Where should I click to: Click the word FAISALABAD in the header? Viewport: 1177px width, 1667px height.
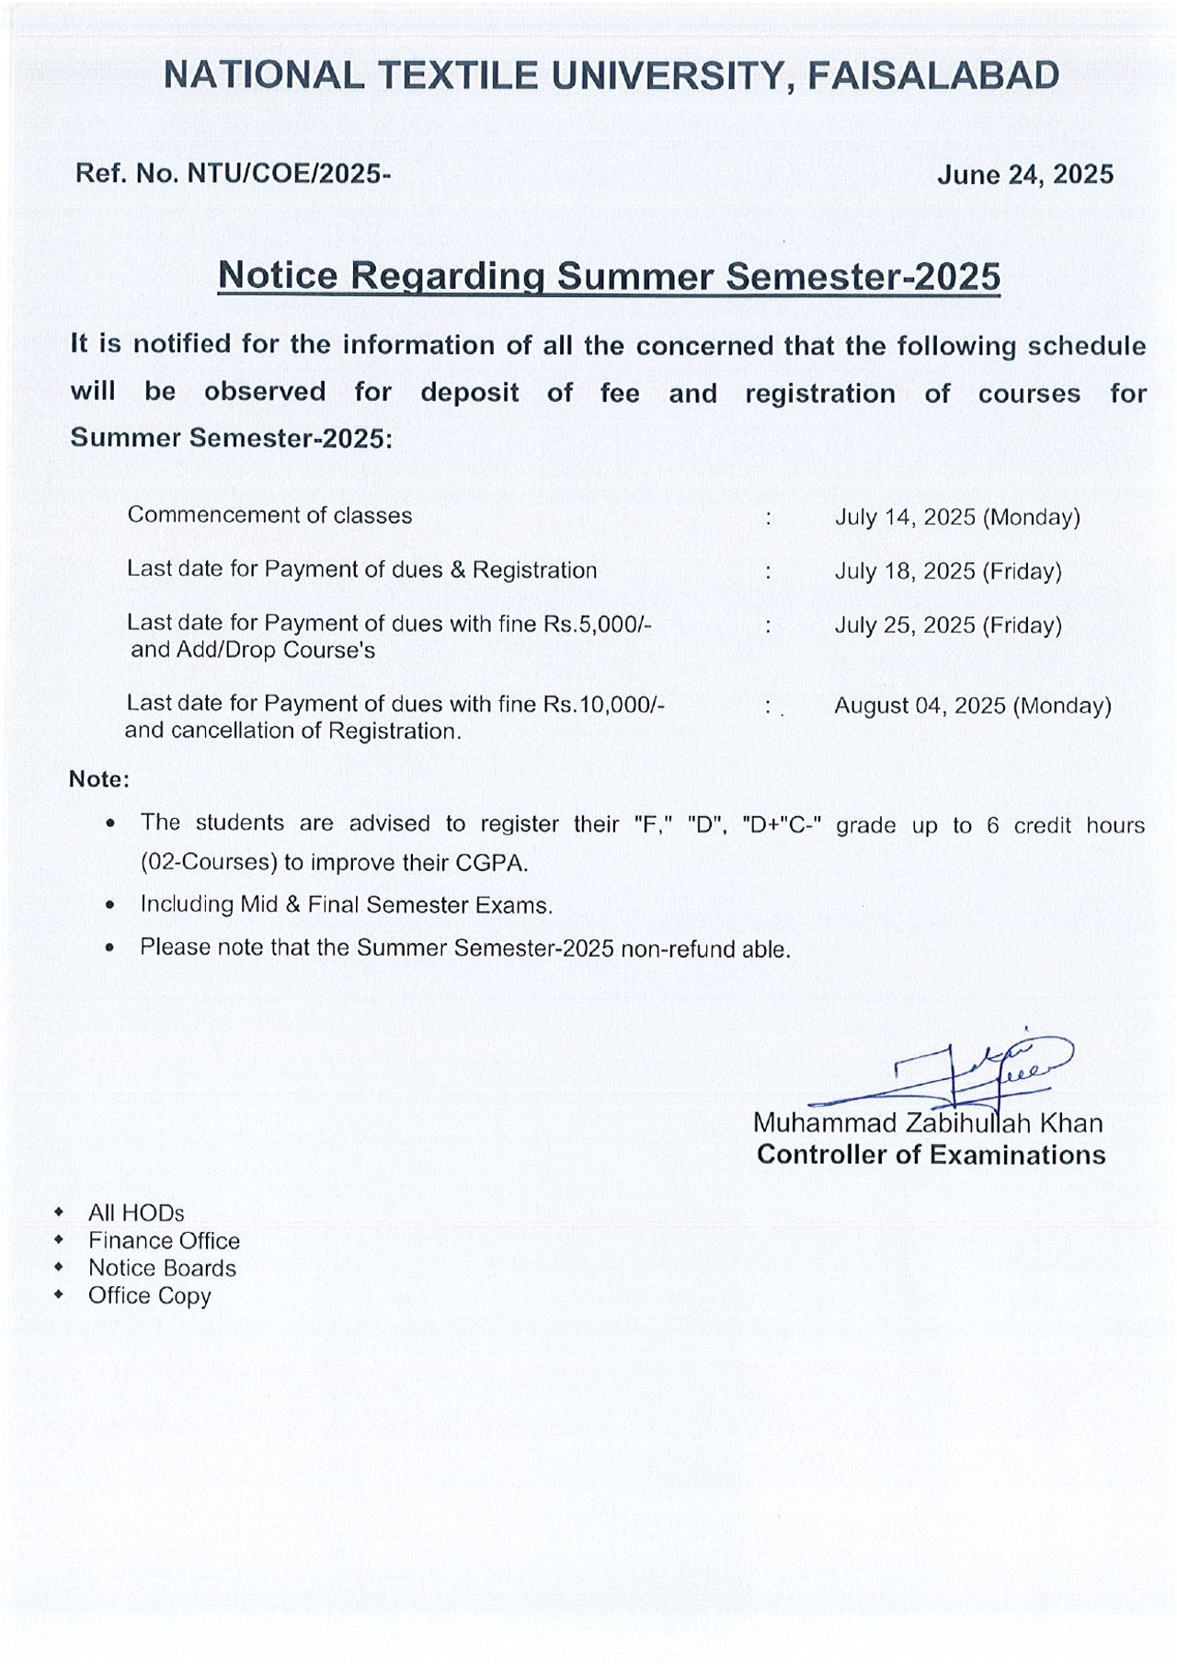click(x=932, y=75)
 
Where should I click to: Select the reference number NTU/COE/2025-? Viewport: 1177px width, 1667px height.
click(x=289, y=173)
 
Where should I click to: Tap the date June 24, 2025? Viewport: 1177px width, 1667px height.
click(x=1024, y=174)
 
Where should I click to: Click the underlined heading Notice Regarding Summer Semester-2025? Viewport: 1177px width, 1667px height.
click(x=609, y=275)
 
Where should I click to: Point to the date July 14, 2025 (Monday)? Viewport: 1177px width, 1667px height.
click(x=956, y=517)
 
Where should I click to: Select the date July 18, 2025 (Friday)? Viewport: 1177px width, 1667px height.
click(x=947, y=571)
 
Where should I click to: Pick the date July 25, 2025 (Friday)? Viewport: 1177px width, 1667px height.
click(x=947, y=626)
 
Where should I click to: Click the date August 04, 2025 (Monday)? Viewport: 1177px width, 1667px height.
click(x=972, y=706)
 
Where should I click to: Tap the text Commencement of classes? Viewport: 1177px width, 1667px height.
click(x=269, y=515)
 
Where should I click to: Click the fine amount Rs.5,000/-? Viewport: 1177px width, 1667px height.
click(x=598, y=624)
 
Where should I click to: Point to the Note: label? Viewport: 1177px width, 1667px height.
click(x=99, y=779)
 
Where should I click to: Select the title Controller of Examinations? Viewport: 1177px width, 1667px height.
click(x=931, y=1155)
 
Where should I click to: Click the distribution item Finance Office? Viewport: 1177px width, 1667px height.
click(x=164, y=1240)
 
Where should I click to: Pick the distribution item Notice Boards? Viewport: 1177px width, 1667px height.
click(x=162, y=1268)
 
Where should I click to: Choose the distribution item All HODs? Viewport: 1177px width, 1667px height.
click(x=136, y=1213)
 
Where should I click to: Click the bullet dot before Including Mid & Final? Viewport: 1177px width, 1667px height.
click(x=110, y=905)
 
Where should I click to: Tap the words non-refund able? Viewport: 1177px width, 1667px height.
click(x=705, y=948)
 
